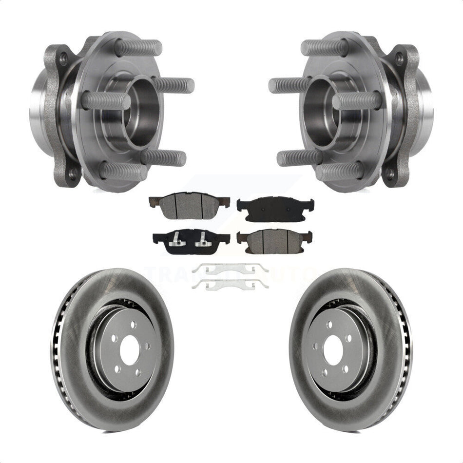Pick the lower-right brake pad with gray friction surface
(x=275, y=239)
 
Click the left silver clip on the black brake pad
(x=176, y=240)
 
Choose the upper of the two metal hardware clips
(x=230, y=268)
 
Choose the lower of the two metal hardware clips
(x=230, y=285)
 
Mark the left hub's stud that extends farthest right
(x=175, y=85)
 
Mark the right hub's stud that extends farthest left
(x=288, y=85)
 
